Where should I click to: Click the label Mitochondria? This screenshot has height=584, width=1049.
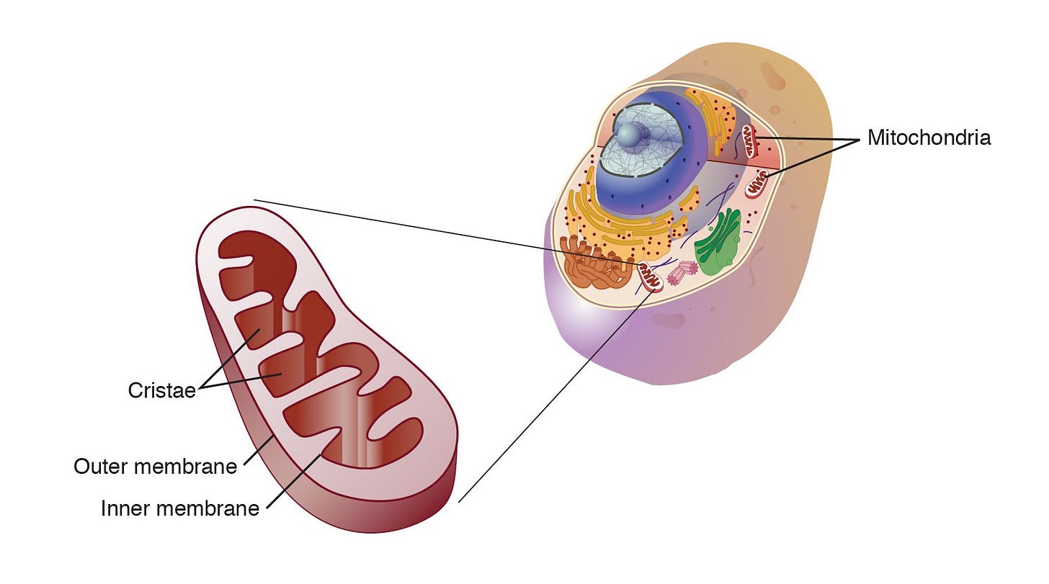929,138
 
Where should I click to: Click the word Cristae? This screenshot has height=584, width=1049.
161,390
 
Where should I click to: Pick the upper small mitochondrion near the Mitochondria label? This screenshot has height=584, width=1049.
750,140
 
